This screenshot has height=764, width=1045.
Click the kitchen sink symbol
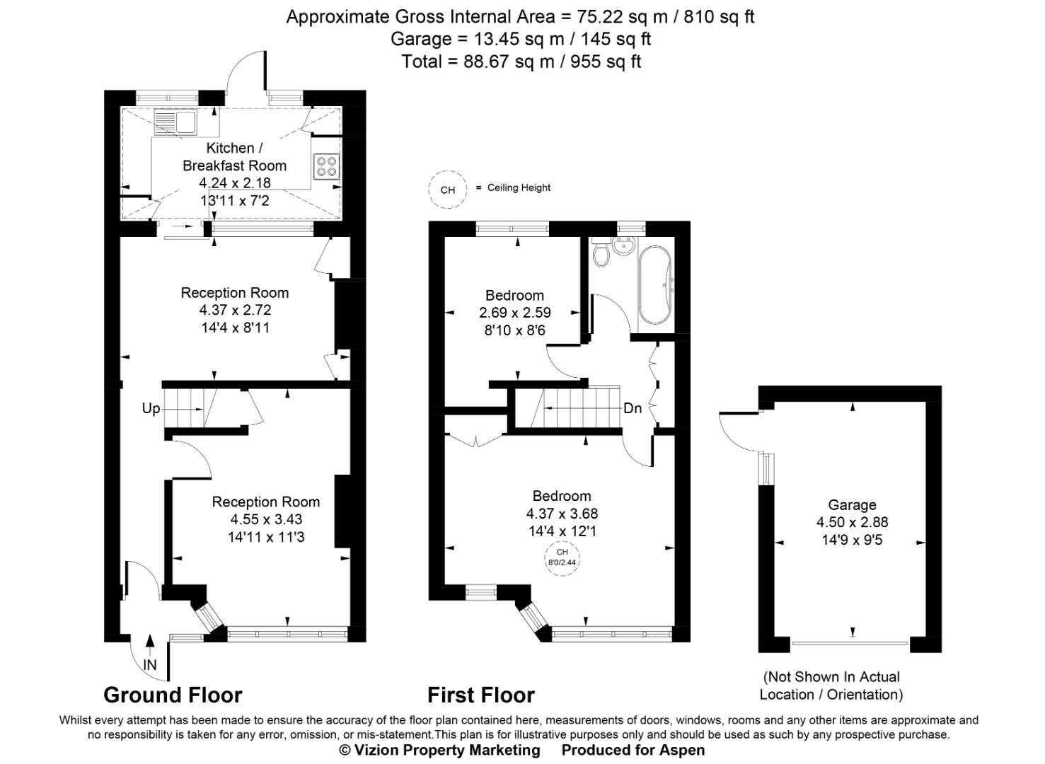coord(175,122)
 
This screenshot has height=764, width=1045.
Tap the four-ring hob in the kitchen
coord(326,166)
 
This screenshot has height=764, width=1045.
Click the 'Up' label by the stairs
coord(151,408)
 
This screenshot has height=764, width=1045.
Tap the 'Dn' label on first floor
coord(632,408)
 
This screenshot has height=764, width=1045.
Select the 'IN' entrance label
coord(149,665)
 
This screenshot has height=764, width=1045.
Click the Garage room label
coord(852,505)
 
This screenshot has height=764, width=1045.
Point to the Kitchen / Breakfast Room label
coord(234,156)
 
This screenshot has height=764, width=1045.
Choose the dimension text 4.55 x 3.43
coord(266,519)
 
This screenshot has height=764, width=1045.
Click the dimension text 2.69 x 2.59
coord(514,313)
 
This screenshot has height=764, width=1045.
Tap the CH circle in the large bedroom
coord(562,557)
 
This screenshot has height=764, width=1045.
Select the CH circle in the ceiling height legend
coord(448,190)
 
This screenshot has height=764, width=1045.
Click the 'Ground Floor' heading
coord(173,695)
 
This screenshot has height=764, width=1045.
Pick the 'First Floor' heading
coord(480,695)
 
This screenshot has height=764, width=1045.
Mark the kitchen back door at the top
coord(243,74)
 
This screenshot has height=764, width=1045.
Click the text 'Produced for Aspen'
coord(633,750)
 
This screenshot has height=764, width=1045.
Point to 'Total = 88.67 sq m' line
coord(521,62)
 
